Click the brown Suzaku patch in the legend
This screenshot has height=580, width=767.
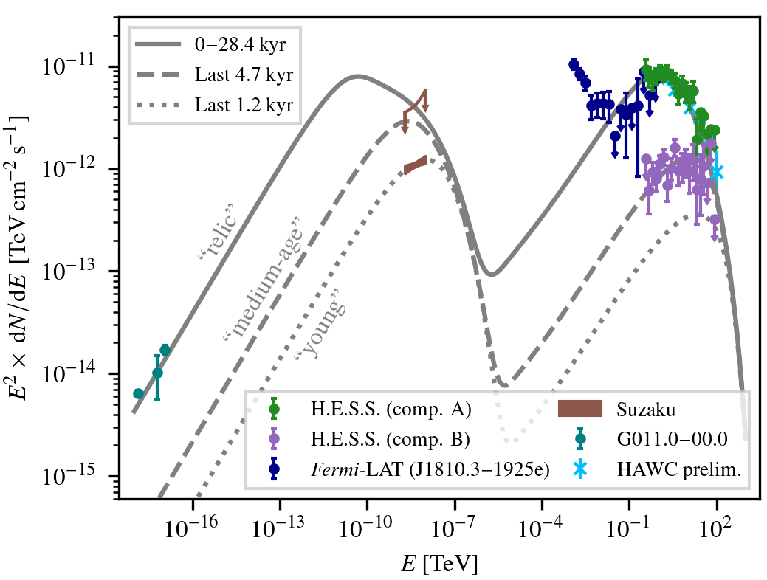pos(581,408)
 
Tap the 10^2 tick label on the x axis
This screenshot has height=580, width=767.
pos(716,525)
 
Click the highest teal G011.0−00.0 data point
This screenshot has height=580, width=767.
pos(165,350)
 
